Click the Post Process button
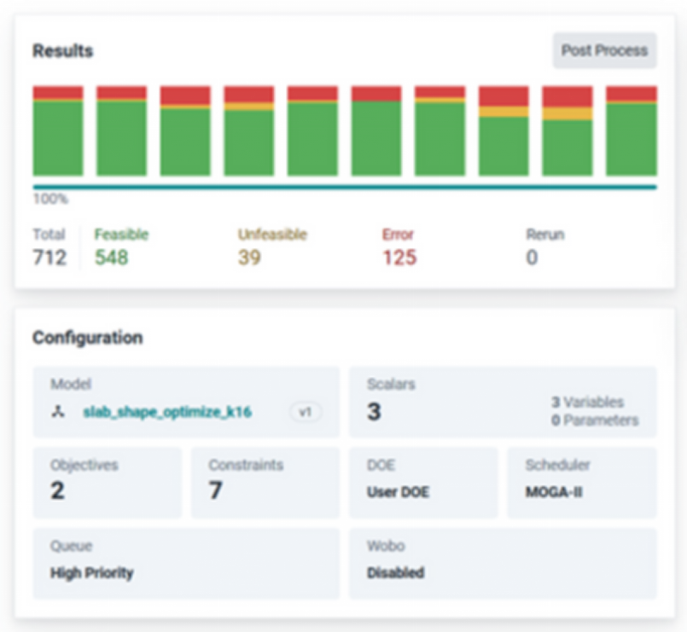pyautogui.click(x=604, y=50)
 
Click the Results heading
pyautogui.click(x=63, y=51)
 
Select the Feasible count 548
pyautogui.click(x=112, y=257)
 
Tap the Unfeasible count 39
pyautogui.click(x=249, y=257)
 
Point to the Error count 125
pyautogui.click(x=399, y=257)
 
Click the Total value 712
pyautogui.click(x=50, y=257)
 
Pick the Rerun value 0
pyautogui.click(x=532, y=257)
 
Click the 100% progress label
pyautogui.click(x=51, y=199)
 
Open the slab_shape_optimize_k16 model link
pyautogui.click(x=167, y=412)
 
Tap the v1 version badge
pyautogui.click(x=306, y=412)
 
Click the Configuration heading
pyautogui.click(x=88, y=338)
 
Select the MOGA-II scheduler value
pyautogui.click(x=554, y=492)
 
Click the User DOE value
pyautogui.click(x=398, y=492)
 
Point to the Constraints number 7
pyautogui.click(x=215, y=490)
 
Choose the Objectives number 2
pyautogui.click(x=57, y=490)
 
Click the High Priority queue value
pyautogui.click(x=92, y=573)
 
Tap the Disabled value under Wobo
pyautogui.click(x=396, y=573)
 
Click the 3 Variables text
pyautogui.click(x=587, y=402)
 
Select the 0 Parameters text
pyautogui.click(x=595, y=420)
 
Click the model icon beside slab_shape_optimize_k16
pyautogui.click(x=58, y=412)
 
